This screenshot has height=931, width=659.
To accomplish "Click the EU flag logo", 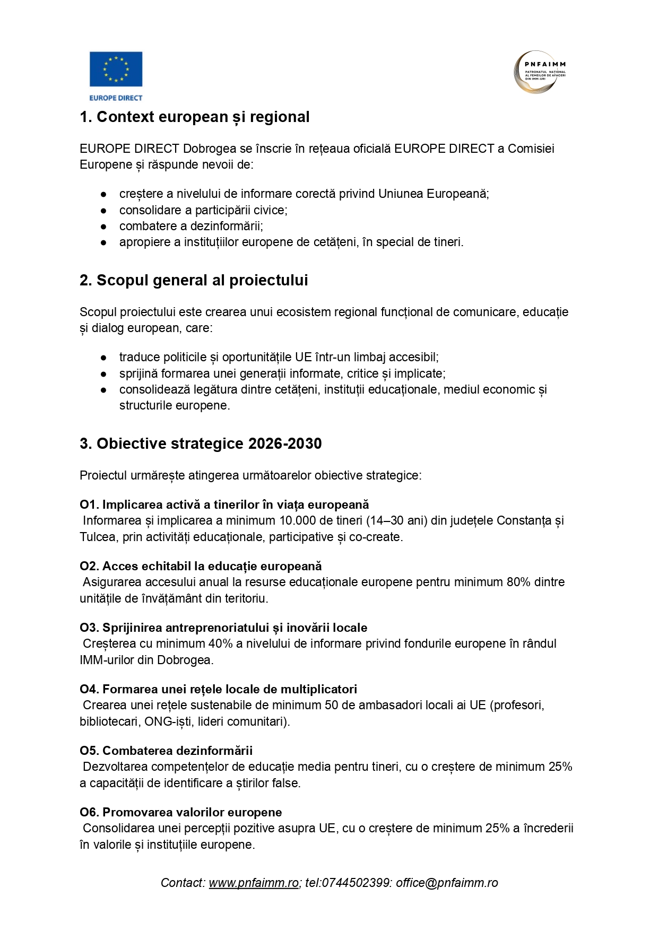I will [x=116, y=68].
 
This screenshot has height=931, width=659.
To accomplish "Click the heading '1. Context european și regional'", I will [x=194, y=117].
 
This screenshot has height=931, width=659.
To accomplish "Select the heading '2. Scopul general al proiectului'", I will [x=194, y=281].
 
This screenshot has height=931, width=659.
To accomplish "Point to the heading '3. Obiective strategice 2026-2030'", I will [x=201, y=444].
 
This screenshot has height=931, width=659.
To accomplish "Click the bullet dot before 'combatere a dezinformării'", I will [x=104, y=227].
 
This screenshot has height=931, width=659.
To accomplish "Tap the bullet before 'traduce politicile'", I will [x=104, y=358].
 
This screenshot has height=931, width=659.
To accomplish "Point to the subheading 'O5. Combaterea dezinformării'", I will [x=166, y=751].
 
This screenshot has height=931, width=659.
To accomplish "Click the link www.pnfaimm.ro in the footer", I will [x=254, y=883].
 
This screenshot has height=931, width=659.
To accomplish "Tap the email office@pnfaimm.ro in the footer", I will [x=447, y=883].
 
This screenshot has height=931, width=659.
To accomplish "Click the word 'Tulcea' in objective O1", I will [x=98, y=537].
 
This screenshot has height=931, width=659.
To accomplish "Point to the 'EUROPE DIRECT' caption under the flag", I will [x=116, y=98].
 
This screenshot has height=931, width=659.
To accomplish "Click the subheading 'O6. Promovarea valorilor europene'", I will [x=181, y=813].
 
